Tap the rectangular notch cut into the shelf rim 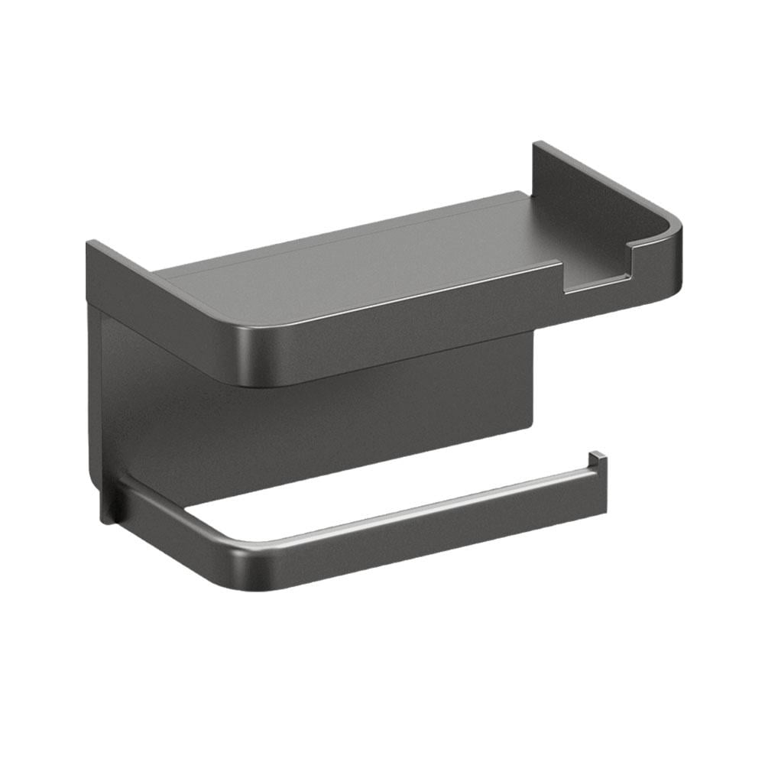(596, 277)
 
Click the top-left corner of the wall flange (89, 245)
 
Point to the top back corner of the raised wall (537, 145)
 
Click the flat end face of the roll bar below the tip (599, 489)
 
